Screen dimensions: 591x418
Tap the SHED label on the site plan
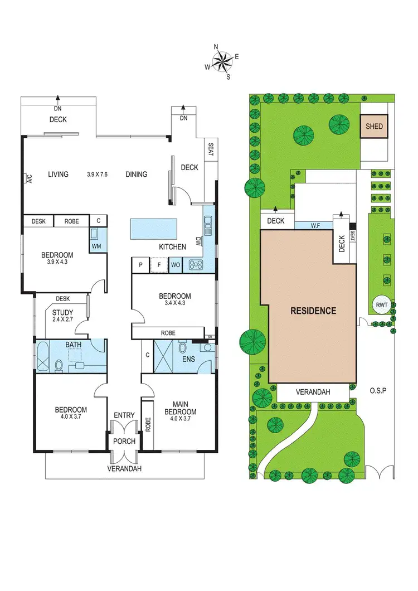coord(374,127)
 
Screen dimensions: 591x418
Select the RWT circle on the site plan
coord(382,304)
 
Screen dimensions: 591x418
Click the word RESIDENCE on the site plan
coord(313,311)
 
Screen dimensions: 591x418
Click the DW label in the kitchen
coord(198,240)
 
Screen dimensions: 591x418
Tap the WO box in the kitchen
coord(175,265)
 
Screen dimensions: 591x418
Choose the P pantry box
coord(140,265)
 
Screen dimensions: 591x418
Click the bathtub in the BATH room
coord(43,357)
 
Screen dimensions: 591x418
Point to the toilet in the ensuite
coord(182,349)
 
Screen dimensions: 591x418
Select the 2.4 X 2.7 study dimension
coord(62,321)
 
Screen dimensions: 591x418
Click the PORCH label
coord(124,442)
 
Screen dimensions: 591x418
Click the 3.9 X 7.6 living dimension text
coord(97,175)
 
